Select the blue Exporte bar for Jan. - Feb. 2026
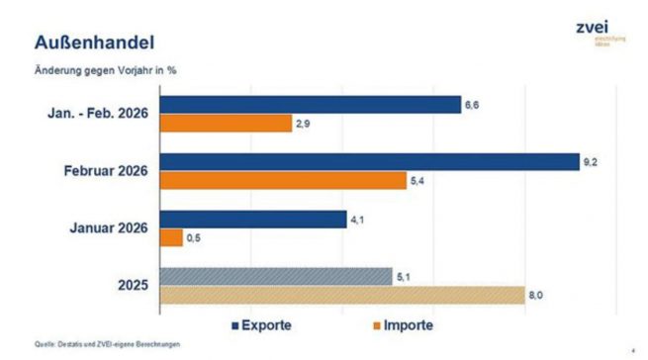tap(310, 104)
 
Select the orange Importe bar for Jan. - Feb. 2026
tap(225, 124)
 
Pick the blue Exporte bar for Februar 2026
tap(369, 161)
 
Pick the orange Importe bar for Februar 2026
tap(282, 181)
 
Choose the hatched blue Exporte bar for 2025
tap(276, 276)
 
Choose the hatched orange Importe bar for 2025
tap(341, 295)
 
